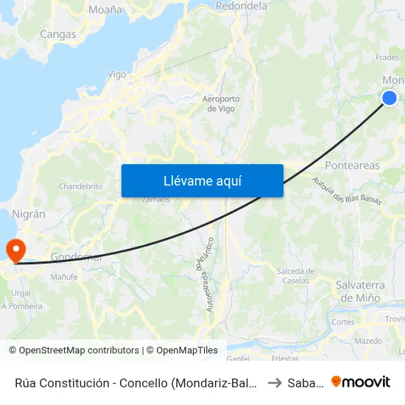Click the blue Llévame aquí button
tap(202, 180)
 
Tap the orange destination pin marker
tap(14, 250)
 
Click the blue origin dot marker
tap(390, 98)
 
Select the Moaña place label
tap(105, 10)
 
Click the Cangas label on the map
tap(58, 34)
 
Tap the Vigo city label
tap(117, 74)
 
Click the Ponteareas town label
tap(353, 166)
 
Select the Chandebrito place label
tap(80, 186)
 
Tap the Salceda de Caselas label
tap(296, 276)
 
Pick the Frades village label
tap(387, 57)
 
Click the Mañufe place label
tap(64, 277)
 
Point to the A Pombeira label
tap(22, 306)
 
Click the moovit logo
tap(361, 381)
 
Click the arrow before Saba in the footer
tap(274, 382)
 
